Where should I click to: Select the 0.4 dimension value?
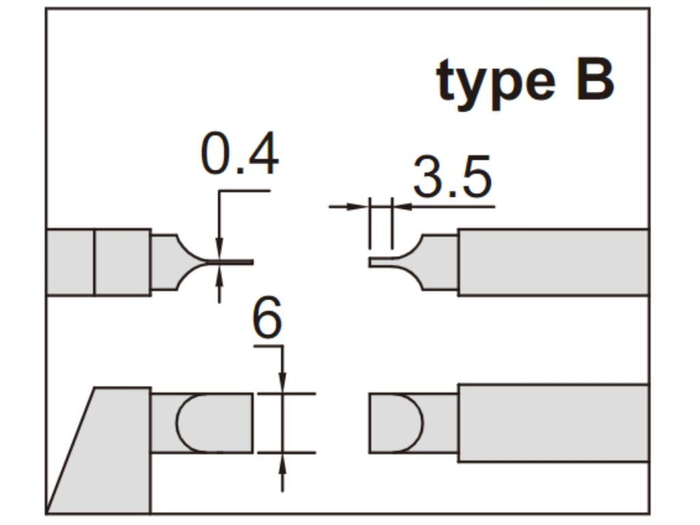(x=240, y=156)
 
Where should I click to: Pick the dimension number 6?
(x=267, y=319)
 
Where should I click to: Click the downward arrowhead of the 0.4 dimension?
(x=219, y=250)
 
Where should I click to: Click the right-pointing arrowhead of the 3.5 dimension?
(x=360, y=206)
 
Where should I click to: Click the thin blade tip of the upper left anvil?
(x=239, y=262)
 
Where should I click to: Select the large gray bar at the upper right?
(x=552, y=262)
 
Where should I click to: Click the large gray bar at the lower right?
(x=552, y=422)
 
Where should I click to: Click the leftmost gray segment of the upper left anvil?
(x=70, y=262)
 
